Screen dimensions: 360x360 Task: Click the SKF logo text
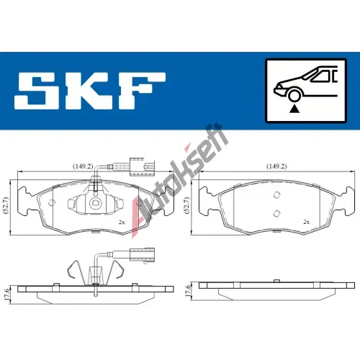coord(90,91)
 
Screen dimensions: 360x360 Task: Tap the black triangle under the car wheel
coord(294,109)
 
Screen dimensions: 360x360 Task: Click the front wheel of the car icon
coord(294,95)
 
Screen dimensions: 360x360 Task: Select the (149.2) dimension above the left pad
coord(83,166)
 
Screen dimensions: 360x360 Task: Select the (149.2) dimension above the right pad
coord(276,166)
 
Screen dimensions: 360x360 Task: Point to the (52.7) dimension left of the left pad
coord(6,205)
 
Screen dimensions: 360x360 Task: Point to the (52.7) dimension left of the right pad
coord(187,205)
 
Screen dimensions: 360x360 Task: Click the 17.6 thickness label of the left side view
coord(6,294)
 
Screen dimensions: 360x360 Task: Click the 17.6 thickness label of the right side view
coord(188,291)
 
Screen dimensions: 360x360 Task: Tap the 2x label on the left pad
coord(122,222)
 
